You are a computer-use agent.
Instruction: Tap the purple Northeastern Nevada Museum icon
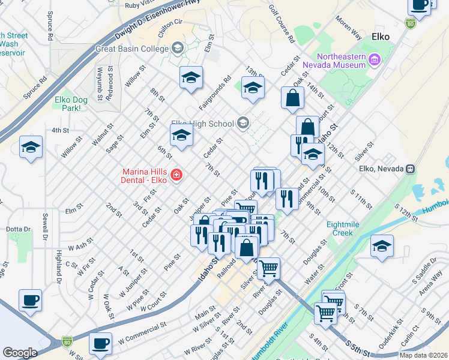click(x=375, y=59)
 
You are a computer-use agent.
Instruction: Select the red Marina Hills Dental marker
click(x=176, y=175)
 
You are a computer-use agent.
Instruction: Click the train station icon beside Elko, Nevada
click(x=411, y=169)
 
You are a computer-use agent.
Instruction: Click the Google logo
click(x=20, y=353)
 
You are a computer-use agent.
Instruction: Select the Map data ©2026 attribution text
click(x=423, y=355)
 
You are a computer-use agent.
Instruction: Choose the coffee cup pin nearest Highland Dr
click(x=30, y=301)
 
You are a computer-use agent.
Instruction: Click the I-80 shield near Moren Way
click(x=411, y=23)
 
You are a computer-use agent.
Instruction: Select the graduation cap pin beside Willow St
click(x=31, y=147)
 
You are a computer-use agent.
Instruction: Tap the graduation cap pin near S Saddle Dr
click(x=382, y=246)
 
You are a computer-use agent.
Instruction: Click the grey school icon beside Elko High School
click(x=243, y=124)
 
